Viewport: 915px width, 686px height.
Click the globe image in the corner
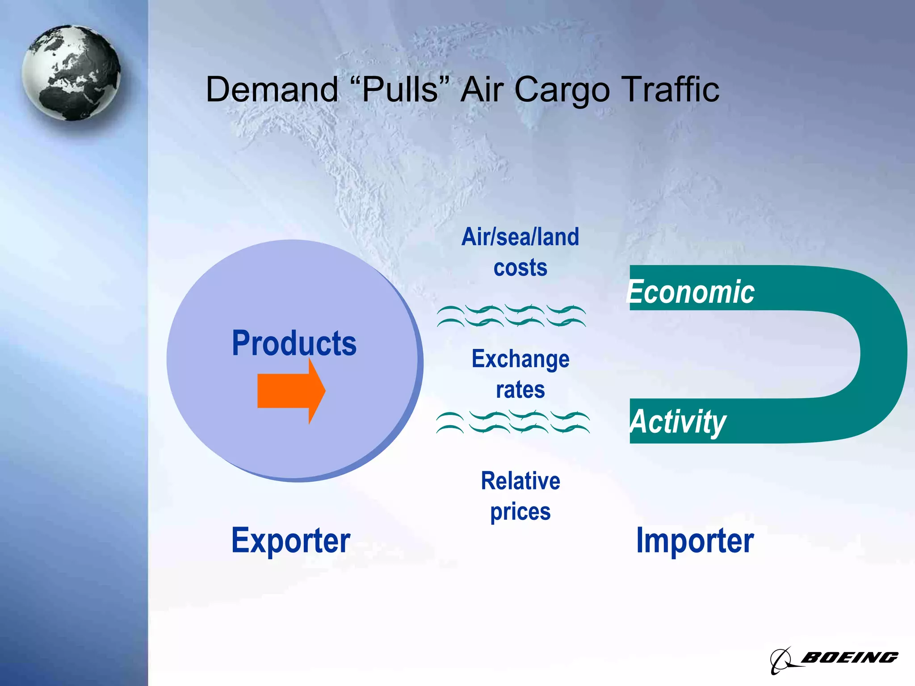click(x=71, y=73)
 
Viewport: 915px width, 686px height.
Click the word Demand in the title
click(x=272, y=90)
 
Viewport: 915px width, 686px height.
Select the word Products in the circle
click(x=294, y=343)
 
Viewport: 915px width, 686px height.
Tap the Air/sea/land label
click(x=520, y=237)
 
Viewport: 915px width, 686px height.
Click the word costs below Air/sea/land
click(x=520, y=268)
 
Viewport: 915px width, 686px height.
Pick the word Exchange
click(x=520, y=359)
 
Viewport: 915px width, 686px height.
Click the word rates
click(x=520, y=389)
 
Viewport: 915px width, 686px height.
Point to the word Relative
click(x=520, y=481)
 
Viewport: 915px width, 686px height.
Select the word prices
click(x=520, y=512)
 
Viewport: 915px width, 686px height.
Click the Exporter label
click(x=291, y=541)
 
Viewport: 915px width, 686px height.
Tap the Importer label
click(x=695, y=541)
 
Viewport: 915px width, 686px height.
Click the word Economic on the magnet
click(x=691, y=292)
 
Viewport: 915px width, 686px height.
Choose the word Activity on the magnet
click(x=678, y=422)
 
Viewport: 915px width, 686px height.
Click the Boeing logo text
click(x=849, y=657)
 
